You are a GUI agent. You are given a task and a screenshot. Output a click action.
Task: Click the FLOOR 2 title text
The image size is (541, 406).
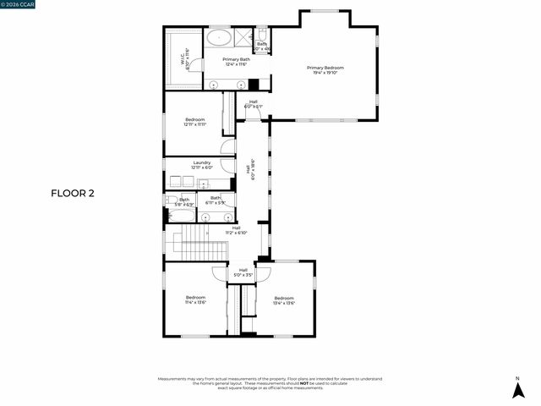(73, 193)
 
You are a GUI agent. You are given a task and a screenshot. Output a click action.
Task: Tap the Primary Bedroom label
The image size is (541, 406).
(325, 70)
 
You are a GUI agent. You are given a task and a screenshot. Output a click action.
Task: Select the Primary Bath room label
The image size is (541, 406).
(236, 62)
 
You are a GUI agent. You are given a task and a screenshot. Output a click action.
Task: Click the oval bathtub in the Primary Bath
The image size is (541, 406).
(219, 37)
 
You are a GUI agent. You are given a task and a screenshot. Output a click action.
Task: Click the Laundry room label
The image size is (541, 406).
(201, 165)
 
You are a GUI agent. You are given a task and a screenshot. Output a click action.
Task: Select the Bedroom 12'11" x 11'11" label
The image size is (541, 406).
(195, 122)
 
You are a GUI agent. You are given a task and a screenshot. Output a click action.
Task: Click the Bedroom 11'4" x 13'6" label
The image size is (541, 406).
(195, 299)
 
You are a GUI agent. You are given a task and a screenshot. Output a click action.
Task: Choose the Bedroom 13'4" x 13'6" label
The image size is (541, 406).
(284, 300)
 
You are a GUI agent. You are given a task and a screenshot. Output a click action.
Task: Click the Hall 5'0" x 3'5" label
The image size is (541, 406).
(243, 272)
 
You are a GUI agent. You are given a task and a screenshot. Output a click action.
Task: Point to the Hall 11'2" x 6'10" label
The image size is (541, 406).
(236, 230)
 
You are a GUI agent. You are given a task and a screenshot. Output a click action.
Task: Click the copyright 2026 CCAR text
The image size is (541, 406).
(19, 5)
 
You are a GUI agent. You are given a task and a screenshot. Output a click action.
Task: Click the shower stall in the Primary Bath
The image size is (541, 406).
(243, 37)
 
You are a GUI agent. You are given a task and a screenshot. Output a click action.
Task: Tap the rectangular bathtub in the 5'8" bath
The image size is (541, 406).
(182, 216)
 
